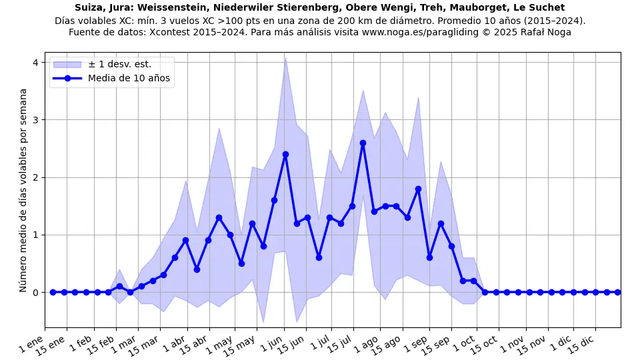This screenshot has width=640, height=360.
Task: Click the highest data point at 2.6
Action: (363, 143)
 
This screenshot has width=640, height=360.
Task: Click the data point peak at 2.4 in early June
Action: (285, 154)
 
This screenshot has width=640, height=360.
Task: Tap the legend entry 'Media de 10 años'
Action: (129, 79)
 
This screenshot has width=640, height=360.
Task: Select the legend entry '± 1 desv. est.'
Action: (119, 65)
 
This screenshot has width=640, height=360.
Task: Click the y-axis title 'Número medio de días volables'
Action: (23, 190)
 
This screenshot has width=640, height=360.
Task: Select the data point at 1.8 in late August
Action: (418, 189)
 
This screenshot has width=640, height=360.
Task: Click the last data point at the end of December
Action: (617, 292)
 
